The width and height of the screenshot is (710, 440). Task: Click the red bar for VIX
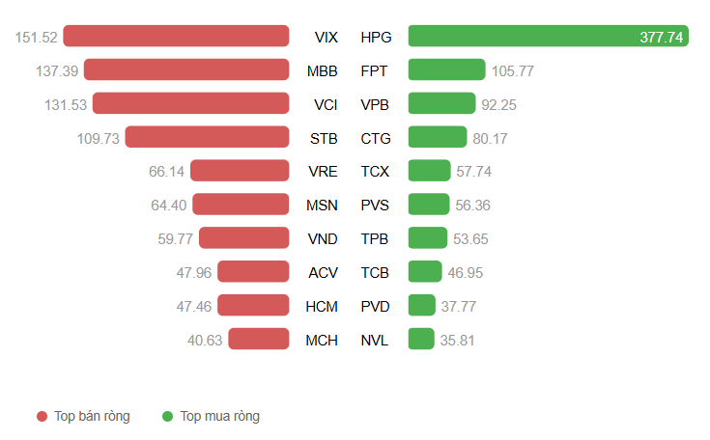coord(176,37)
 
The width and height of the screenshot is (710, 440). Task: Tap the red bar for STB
coord(207,137)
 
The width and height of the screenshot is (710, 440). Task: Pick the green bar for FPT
coord(446,69)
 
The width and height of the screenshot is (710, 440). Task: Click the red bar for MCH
coord(259,339)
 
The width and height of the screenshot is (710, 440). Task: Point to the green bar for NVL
coord(421,339)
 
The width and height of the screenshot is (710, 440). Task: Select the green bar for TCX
coord(429,171)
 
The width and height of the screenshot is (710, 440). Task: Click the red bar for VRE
coord(240,171)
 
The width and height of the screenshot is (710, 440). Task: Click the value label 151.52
coord(37,38)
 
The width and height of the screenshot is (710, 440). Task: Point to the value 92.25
coord(499,104)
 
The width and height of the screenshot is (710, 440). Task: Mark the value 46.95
coord(466,272)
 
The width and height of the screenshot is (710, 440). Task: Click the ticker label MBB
coord(322,70)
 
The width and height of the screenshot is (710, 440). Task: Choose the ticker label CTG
coord(376,138)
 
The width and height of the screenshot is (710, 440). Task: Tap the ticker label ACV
coord(323,272)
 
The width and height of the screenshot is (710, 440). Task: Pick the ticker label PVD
coord(375,306)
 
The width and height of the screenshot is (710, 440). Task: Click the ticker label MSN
coord(322,205)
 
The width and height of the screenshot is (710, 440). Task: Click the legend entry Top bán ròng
coord(92,416)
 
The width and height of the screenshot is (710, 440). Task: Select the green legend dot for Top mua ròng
coord(167,416)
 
